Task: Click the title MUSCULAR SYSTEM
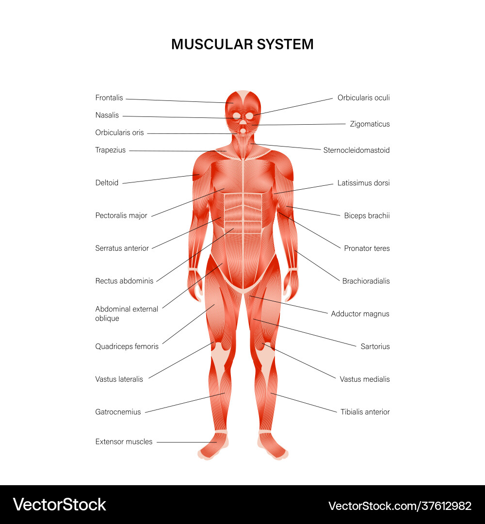(x=242, y=45)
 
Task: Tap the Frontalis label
(x=109, y=98)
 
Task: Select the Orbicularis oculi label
(x=363, y=98)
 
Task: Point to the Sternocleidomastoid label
(x=356, y=150)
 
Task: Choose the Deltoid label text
(x=107, y=183)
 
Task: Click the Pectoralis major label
(x=121, y=215)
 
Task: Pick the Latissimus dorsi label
(x=363, y=183)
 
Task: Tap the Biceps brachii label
(x=367, y=215)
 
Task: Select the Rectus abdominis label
(x=124, y=281)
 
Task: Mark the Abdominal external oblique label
(x=127, y=313)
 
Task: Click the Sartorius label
(x=375, y=346)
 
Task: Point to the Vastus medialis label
(x=365, y=379)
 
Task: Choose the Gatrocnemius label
(x=118, y=412)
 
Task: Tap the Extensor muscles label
(x=124, y=442)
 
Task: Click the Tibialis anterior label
(x=365, y=412)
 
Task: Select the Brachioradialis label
(x=366, y=281)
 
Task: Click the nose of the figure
(x=243, y=121)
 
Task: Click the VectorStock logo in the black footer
(x=60, y=505)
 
